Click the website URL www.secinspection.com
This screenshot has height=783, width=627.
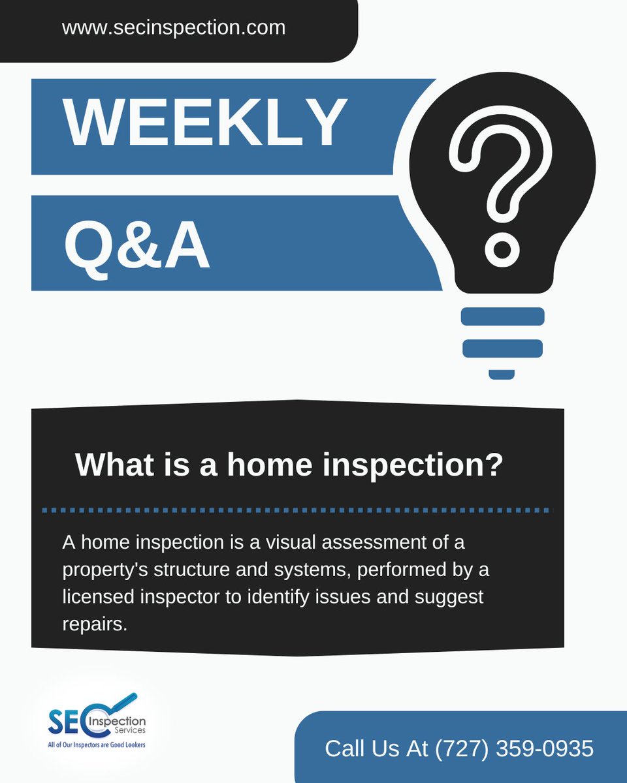173,28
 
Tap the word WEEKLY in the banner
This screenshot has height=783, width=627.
205,124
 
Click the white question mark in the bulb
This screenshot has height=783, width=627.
504,170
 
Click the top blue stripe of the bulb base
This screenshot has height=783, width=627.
503,316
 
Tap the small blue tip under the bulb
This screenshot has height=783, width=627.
502,375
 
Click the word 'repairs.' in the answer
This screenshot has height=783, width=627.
94,624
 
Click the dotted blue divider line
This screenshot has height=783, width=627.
297,510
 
